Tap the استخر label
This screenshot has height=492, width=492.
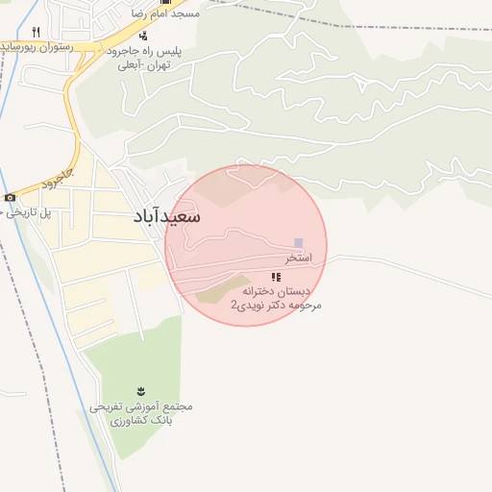click(298, 259)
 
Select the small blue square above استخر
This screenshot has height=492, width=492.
click(298, 243)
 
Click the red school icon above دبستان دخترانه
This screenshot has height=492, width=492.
click(276, 277)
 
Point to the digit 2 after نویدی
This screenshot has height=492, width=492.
click(234, 305)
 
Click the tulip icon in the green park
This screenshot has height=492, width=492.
click(141, 390)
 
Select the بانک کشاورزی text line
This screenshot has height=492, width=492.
click(141, 421)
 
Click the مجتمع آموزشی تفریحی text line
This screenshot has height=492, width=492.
click(141, 406)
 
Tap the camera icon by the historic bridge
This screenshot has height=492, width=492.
click(10, 198)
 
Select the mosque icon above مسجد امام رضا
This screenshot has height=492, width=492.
click(163, 2)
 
